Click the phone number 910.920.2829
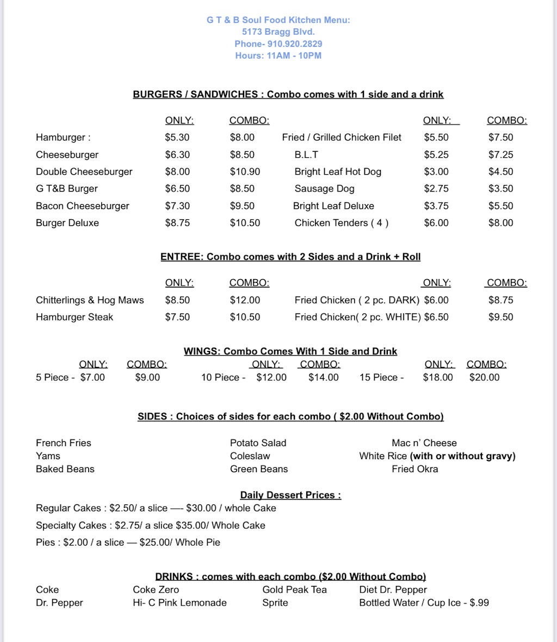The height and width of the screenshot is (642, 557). (294, 44)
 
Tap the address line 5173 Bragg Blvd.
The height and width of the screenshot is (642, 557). (278, 32)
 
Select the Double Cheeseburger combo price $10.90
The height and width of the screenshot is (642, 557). (245, 171)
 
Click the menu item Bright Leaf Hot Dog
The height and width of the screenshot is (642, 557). (338, 171)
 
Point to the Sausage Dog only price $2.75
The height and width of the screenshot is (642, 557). (436, 188)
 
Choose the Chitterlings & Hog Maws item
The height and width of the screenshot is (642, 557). (90, 300)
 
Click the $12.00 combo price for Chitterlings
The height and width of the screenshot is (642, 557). (245, 300)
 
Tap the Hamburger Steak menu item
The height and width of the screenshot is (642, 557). (75, 317)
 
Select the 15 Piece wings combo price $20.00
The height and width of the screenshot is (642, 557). (484, 377)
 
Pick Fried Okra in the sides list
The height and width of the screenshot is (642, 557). (414, 468)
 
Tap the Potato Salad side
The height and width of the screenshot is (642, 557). (258, 443)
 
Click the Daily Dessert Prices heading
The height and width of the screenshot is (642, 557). (290, 495)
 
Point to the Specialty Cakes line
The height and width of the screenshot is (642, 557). (151, 525)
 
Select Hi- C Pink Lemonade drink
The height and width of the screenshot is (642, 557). (180, 602)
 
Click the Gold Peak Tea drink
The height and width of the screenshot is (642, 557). (294, 589)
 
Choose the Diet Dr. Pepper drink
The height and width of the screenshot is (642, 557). (393, 589)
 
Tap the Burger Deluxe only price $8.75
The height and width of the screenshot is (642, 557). (177, 223)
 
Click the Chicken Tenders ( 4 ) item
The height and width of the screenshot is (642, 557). (341, 223)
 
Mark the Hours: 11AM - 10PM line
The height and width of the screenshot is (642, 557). (278, 55)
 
